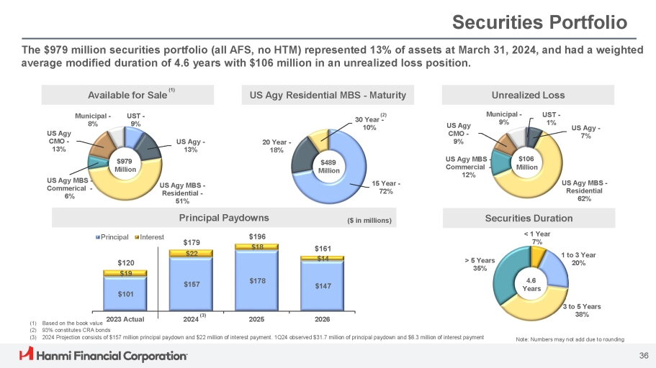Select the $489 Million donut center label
[x=329, y=166]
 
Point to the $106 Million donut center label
[x=527, y=162]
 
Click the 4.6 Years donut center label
[x=531, y=284]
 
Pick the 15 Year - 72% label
[x=387, y=188]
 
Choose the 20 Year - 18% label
[x=276, y=146]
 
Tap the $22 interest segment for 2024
[x=192, y=254]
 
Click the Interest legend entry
[x=148, y=236]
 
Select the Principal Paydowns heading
[x=224, y=217]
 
